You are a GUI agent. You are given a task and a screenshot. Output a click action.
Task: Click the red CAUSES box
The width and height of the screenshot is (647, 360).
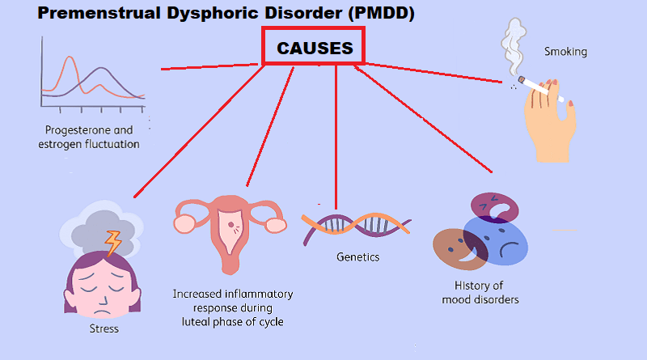tap(315, 48)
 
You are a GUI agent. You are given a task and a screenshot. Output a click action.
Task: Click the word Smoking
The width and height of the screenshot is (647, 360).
tap(565, 52)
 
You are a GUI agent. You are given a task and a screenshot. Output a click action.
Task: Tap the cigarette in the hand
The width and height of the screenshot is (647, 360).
tap(539, 88)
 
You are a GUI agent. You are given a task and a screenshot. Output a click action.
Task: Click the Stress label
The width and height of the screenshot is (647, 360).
tap(104, 328)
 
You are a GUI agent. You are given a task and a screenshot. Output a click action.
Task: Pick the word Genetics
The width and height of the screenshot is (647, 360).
tap(357, 257)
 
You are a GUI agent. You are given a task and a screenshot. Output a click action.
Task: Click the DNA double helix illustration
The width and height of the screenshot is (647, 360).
tap(356, 223)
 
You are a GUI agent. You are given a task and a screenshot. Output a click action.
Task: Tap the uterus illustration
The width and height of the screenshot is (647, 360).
tap(230, 231)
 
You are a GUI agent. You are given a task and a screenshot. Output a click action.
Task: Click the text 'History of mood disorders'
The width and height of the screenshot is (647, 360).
tap(480, 292)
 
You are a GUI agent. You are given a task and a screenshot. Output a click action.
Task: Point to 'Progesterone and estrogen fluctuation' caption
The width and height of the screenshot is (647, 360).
tap(88, 137)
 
